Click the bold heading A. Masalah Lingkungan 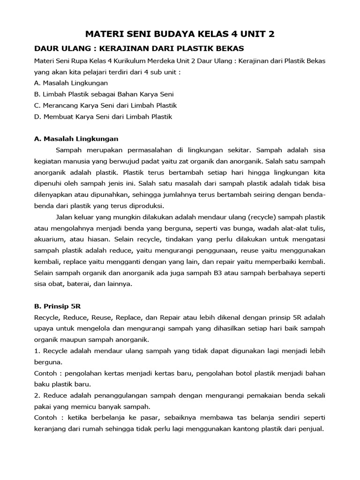point(76,139)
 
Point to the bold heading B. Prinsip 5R point(58,306)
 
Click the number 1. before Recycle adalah point(37,351)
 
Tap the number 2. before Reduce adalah point(37,395)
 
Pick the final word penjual point(312,428)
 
